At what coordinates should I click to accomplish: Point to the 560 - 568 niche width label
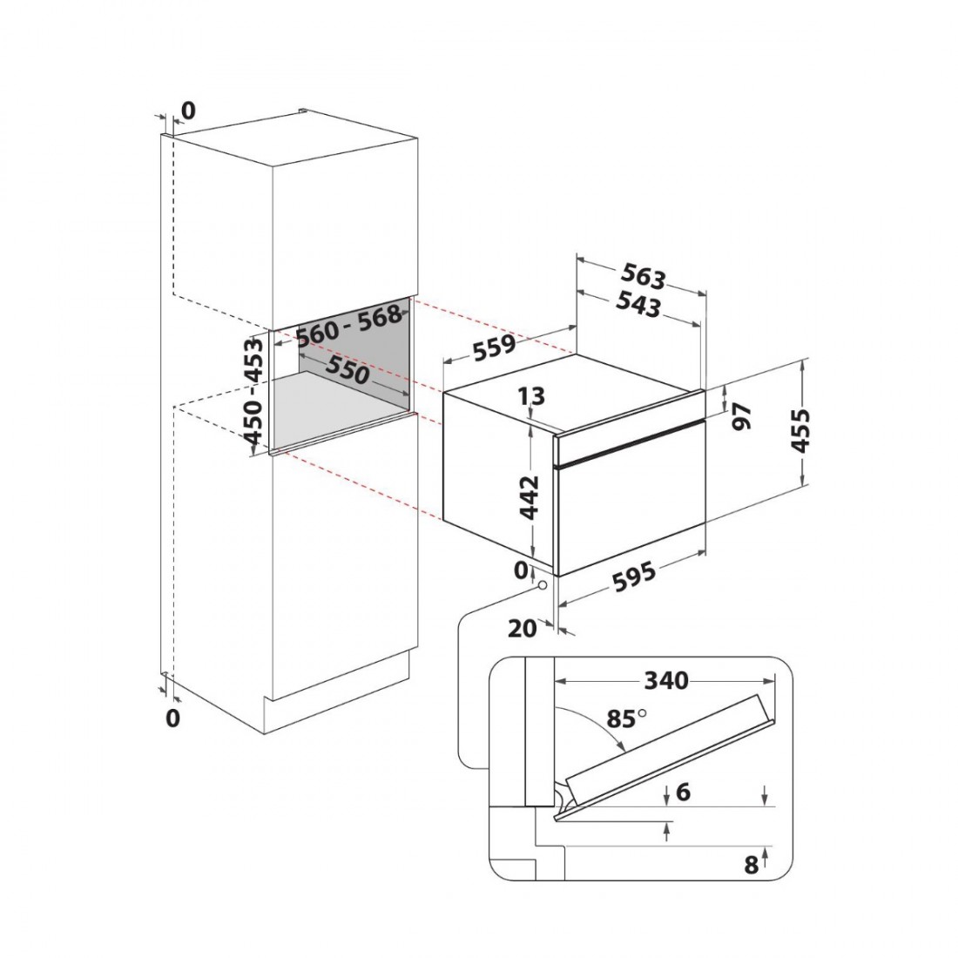click(x=349, y=324)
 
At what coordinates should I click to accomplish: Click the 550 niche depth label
click(x=347, y=370)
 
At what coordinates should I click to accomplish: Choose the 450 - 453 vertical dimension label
click(x=253, y=390)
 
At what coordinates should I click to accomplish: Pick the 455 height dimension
click(x=800, y=431)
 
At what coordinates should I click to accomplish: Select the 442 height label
click(x=530, y=496)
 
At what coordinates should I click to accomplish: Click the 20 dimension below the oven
click(x=523, y=629)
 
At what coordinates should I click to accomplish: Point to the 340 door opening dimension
click(x=666, y=680)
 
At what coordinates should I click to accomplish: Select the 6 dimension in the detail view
click(x=683, y=792)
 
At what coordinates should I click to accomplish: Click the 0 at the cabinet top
click(x=188, y=111)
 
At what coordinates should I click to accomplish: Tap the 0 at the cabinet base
click(x=173, y=718)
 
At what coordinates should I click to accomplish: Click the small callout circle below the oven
click(x=542, y=585)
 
